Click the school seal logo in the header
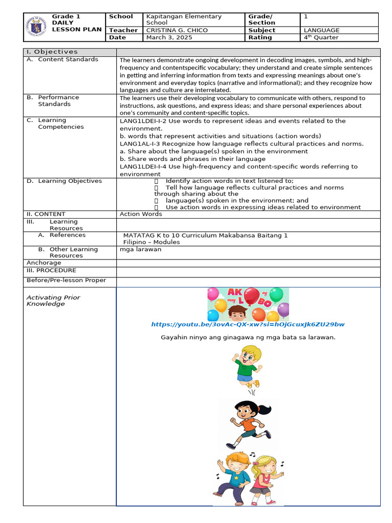38,27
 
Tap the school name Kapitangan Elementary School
183,19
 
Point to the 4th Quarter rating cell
321,37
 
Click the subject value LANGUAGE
322,30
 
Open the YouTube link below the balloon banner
248,324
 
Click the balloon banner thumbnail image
248,304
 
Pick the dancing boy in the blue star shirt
233,474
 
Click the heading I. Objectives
52,52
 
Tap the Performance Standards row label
58,100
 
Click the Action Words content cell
140,214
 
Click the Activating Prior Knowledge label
53,300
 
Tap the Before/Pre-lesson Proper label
66,280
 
